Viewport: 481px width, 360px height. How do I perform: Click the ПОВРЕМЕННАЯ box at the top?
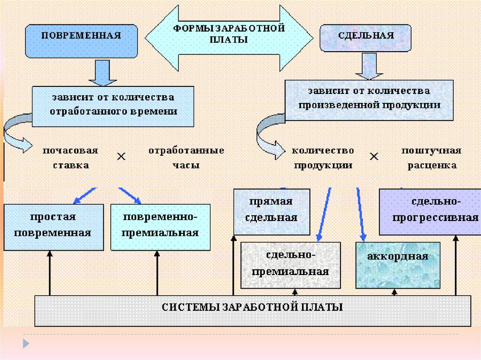pos(81,41)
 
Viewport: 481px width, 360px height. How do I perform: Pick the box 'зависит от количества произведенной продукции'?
pos(369,99)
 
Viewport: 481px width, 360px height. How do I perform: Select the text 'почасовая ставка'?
pos(70,158)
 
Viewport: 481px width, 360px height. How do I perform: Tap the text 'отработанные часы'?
pos(186,158)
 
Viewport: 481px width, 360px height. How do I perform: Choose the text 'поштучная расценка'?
pos(431,158)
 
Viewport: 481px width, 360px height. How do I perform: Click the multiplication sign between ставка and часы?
pos(121,157)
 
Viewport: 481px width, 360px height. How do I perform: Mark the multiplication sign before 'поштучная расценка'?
pos(374,157)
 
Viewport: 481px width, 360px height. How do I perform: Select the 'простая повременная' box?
pos(53,226)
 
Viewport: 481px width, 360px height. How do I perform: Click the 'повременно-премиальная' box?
pos(161,226)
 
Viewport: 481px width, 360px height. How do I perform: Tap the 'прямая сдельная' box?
pos(272,211)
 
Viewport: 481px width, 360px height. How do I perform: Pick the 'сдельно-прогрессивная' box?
pos(429,211)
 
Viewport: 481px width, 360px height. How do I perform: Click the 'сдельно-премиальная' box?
pos(290,265)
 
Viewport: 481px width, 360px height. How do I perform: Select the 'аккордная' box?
pos(398,265)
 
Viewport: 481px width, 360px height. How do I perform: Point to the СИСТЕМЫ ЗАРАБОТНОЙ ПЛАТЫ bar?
pos(253,310)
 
